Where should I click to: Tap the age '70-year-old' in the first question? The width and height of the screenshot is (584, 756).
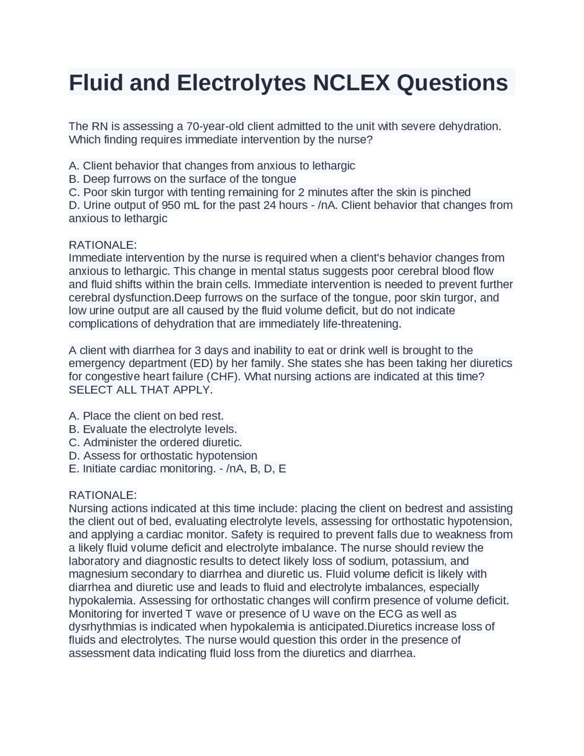tap(215, 126)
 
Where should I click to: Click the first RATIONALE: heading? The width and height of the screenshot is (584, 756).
tap(103, 245)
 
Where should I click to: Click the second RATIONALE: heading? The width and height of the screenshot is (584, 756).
tap(103, 495)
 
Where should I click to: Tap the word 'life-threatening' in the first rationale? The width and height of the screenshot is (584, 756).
tap(362, 324)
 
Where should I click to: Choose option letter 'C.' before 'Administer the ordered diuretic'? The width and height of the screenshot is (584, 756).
tap(74, 442)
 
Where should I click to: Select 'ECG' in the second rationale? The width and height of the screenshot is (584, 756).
tap(391, 614)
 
